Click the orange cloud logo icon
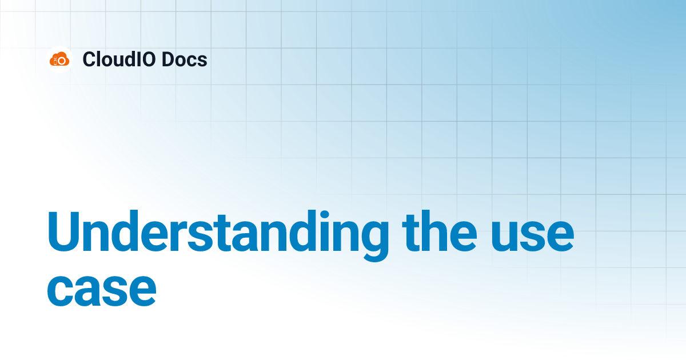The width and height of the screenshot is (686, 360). click(x=59, y=59)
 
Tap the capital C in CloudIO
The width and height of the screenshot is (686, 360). click(x=89, y=59)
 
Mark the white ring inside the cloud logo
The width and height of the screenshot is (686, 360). click(x=62, y=60)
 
